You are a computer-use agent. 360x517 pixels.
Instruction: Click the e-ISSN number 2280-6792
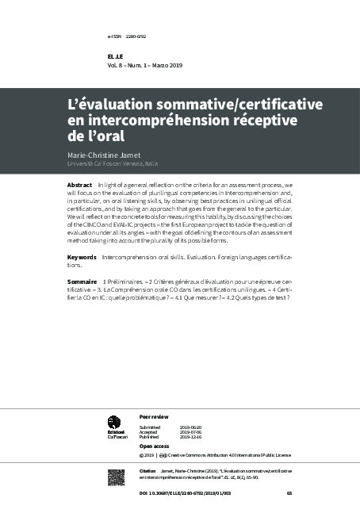(x=136, y=36)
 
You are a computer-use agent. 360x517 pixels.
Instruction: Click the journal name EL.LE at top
(x=115, y=57)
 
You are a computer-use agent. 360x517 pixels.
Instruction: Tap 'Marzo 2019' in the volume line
(x=167, y=65)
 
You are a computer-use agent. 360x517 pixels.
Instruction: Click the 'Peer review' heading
(x=154, y=416)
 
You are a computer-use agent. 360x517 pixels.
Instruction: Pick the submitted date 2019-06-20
(x=190, y=427)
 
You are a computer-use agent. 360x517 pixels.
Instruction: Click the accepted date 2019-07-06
(x=190, y=431)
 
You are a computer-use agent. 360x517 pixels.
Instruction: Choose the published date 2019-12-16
(x=190, y=437)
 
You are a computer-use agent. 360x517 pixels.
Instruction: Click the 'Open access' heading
(x=155, y=446)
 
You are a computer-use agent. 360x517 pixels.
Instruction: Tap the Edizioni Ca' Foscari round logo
(x=114, y=423)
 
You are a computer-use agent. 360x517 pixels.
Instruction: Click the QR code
(x=116, y=477)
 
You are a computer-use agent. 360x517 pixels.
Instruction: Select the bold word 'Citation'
(x=147, y=471)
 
